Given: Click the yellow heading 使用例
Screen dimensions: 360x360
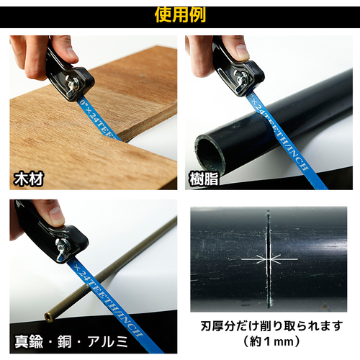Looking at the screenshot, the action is point(180,15).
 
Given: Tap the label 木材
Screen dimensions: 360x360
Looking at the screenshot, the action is point(29,179).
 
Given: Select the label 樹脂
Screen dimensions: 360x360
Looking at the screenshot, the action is point(204,179).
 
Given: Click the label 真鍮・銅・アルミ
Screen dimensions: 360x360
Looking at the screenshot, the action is point(71,342).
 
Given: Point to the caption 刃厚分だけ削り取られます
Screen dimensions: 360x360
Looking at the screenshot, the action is point(271,326).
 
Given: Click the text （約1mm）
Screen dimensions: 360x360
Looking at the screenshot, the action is point(271,341).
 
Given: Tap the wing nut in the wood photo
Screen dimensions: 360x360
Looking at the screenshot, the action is point(73,85).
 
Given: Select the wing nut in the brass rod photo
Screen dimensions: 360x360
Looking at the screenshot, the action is point(63,247).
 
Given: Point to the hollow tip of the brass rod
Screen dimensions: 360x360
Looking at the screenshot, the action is point(48,317).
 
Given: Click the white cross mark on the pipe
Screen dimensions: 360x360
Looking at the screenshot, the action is point(269,259).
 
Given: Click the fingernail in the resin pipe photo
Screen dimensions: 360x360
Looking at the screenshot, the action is point(243,51).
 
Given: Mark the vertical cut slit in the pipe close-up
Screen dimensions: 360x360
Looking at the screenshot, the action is point(269,259).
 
